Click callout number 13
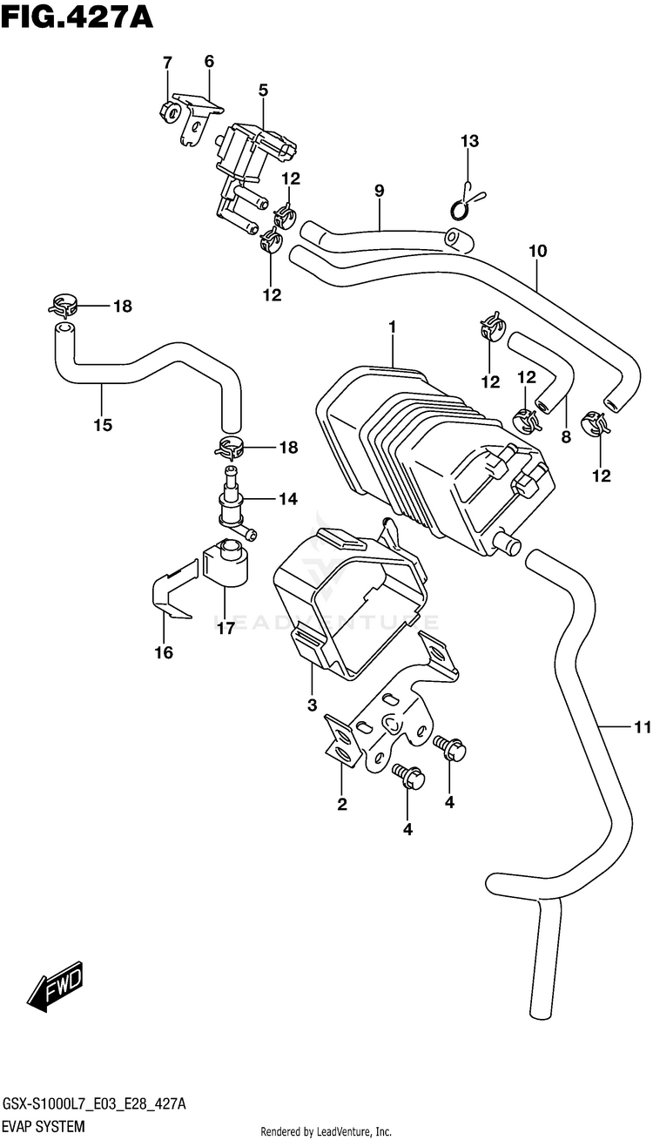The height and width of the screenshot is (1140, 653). (x=470, y=140)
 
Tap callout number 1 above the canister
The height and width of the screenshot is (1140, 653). (x=393, y=327)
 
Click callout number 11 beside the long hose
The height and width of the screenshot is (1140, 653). (x=643, y=728)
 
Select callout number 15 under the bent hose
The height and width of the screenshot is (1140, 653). (x=103, y=424)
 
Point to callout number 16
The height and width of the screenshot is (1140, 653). (x=164, y=652)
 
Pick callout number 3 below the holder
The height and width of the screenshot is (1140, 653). (x=312, y=705)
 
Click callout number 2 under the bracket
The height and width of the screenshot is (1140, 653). (x=342, y=804)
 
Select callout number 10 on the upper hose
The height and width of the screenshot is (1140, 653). (x=538, y=251)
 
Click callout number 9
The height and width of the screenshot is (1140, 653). (x=379, y=191)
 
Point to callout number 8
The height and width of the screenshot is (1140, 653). (x=566, y=436)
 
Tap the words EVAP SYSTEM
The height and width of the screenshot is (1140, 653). (x=44, y=1126)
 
